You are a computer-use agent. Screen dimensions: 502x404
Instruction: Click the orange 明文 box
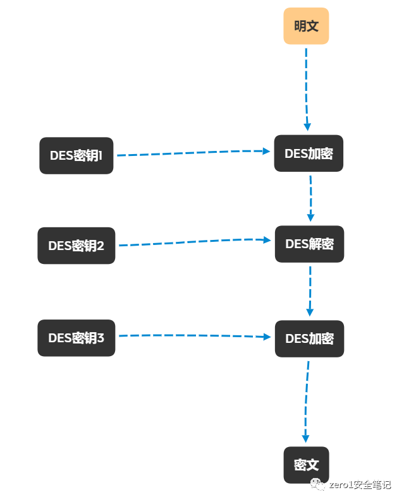306,26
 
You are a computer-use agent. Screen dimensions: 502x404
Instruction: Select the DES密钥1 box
77,155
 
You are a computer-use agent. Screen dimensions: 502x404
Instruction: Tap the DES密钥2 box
77,246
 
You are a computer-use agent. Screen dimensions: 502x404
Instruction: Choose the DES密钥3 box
77,338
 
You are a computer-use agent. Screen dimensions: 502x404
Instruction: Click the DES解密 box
309,244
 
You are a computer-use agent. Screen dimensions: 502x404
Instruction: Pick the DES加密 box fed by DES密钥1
309,153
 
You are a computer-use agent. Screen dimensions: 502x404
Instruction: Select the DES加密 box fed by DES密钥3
309,339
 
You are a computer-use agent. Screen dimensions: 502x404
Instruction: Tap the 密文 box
307,465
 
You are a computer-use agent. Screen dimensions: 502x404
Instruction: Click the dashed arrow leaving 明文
307,88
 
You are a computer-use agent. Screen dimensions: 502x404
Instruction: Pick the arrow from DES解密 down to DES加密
310,290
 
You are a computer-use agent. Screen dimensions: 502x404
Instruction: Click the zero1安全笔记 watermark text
361,485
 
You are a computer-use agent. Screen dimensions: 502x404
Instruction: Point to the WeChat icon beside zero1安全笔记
319,484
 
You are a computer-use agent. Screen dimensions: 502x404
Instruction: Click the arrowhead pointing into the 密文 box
305,438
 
